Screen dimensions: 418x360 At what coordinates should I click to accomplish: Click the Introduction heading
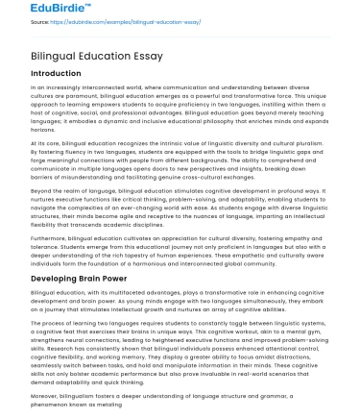pyautogui.click(x=55, y=73)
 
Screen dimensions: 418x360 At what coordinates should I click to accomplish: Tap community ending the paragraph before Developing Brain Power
pyautogui.click(x=282, y=237)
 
